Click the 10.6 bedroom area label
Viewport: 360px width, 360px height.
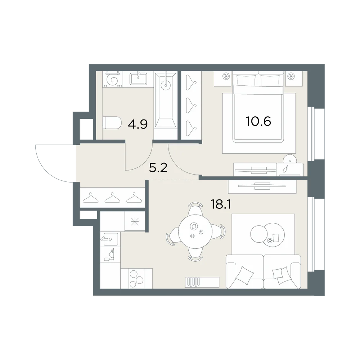(x=258, y=121)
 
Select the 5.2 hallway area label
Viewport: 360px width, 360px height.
(x=158, y=168)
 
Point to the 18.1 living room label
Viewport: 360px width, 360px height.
(x=221, y=204)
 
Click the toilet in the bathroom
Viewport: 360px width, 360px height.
(x=112, y=123)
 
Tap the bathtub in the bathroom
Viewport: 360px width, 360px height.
(x=166, y=100)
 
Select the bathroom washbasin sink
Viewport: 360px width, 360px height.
(x=139, y=79)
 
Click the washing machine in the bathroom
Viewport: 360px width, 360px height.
(x=112, y=79)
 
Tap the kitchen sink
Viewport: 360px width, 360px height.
(x=109, y=239)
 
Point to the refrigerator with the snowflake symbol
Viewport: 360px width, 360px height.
(x=135, y=221)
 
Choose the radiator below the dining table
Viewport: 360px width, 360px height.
(x=202, y=282)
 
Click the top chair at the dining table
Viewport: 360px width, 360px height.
(x=195, y=208)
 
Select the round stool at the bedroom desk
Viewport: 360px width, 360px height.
(x=290, y=159)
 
